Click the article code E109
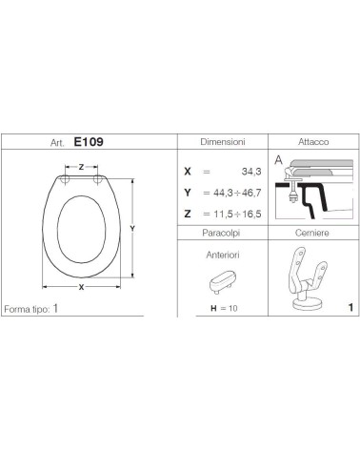[x=89, y=142]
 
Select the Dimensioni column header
[x=223, y=142]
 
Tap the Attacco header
[x=313, y=142]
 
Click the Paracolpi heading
[x=221, y=233]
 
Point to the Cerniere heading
[x=312, y=233]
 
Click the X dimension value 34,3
[x=251, y=172]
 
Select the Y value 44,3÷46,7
[x=237, y=193]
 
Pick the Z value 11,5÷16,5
[x=237, y=214]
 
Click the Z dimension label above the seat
[x=81, y=167]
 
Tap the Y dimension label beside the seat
[x=132, y=228]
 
